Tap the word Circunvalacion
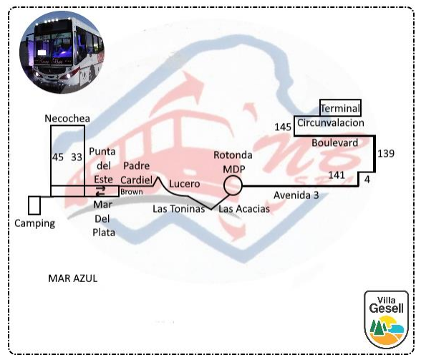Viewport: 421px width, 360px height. click(331, 123)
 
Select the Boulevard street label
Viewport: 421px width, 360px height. click(335, 143)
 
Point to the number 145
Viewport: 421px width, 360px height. click(283, 127)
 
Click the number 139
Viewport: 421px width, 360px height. click(386, 154)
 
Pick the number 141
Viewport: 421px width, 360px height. click(337, 175)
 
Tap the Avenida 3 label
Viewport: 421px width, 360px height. click(296, 195)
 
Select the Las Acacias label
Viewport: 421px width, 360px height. click(244, 209)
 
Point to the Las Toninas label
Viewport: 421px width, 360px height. click(179, 209)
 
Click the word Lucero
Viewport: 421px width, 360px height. click(185, 184)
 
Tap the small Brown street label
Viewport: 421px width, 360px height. click(132, 192)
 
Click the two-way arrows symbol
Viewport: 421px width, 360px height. click(101, 191)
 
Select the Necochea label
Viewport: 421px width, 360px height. click(67, 118)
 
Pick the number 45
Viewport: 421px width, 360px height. click(58, 157)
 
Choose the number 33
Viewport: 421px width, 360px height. click(77, 157)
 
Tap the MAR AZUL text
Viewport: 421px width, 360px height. click(73, 278)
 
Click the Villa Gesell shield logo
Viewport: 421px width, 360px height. click(386, 320)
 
